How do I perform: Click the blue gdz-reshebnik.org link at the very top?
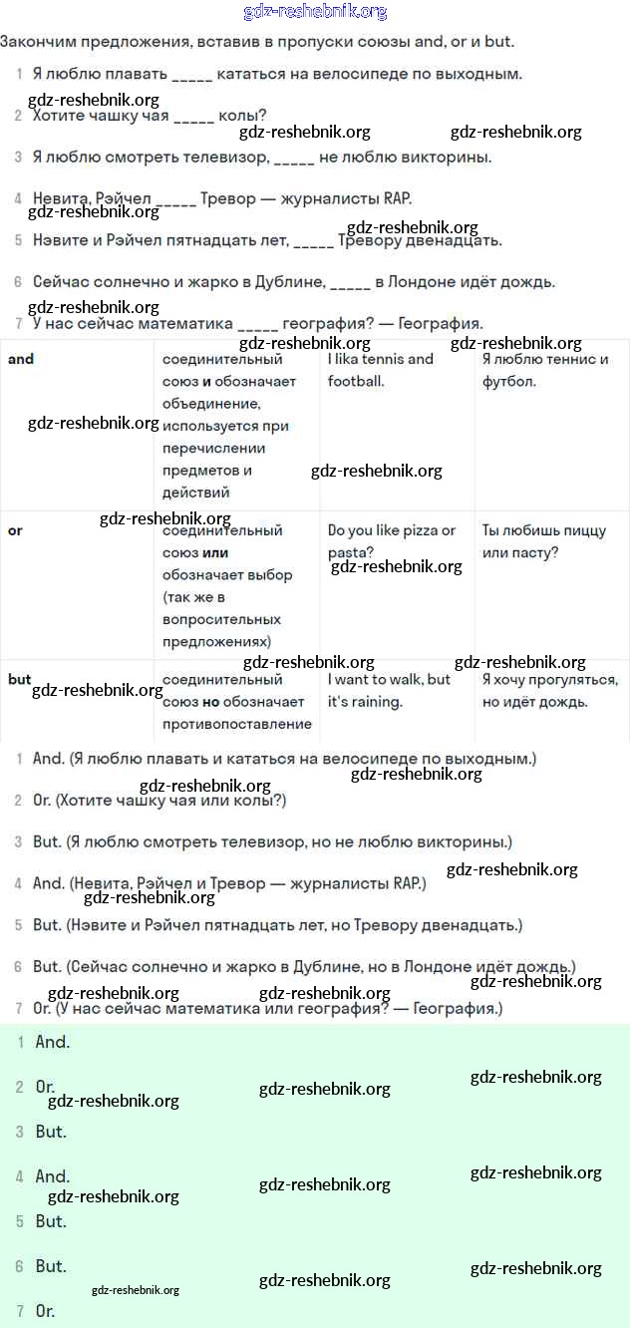coord(315,12)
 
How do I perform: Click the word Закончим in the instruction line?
coord(36,42)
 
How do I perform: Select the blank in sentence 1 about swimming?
coord(192,75)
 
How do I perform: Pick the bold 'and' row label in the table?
coord(21,359)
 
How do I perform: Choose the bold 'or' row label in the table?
coord(15,530)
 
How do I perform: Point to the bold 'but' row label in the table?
coord(20,680)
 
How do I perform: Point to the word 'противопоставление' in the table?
coord(236,724)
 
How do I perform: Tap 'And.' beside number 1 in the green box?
coord(53,1043)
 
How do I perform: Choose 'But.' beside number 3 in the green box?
coord(51,1132)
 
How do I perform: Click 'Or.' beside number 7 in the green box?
coord(46,1311)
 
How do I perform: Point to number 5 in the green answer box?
coord(19,1221)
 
